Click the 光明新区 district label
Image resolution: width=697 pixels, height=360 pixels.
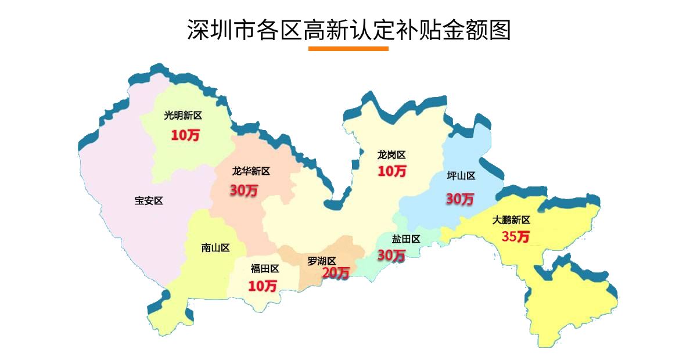(x=183, y=116)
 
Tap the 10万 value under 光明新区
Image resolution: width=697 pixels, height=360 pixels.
(x=185, y=135)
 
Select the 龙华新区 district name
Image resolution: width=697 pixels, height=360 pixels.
(x=251, y=171)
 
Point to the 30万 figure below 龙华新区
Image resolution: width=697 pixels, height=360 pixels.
(x=243, y=190)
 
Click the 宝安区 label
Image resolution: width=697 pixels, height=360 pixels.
(x=149, y=201)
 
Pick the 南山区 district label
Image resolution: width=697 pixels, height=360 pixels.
(x=215, y=248)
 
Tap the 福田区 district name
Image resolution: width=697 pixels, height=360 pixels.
(x=265, y=268)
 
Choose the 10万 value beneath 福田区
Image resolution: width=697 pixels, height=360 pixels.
(x=263, y=286)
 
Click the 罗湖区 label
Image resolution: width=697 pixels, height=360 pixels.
(x=322, y=261)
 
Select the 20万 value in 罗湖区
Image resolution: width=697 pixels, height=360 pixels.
(x=336, y=272)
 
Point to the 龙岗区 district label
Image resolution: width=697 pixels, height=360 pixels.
(x=391, y=155)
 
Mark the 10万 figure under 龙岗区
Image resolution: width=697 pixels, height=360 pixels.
(x=392, y=171)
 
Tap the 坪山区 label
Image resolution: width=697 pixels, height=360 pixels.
(x=461, y=176)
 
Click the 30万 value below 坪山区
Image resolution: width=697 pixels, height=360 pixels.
(x=459, y=199)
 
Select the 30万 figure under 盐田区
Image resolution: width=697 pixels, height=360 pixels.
(x=391, y=255)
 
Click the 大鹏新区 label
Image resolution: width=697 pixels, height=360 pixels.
(x=511, y=220)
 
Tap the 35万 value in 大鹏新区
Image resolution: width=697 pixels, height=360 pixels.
(x=516, y=237)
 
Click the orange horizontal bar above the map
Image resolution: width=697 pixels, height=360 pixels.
(x=348, y=49)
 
